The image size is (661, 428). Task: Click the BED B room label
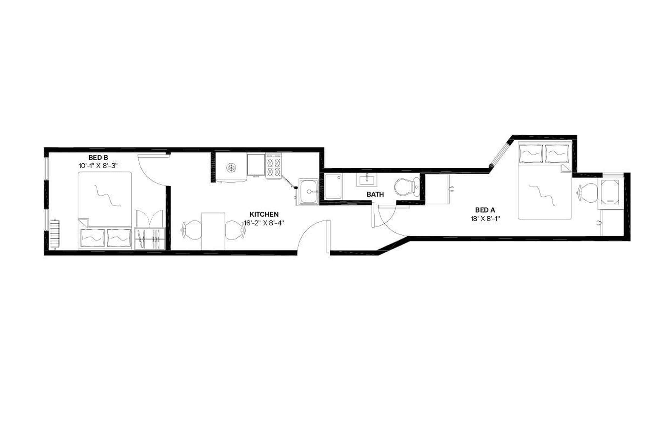point(98,158)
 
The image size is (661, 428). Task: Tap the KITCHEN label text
point(264,214)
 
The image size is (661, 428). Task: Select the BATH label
point(375,195)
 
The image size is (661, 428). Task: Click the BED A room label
point(485,210)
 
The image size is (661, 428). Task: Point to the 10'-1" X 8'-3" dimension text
point(98,166)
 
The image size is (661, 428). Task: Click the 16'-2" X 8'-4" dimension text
point(264,223)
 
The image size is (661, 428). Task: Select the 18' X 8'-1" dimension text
point(485,219)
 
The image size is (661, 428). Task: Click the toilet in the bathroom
point(407,187)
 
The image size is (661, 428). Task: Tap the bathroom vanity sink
point(366,180)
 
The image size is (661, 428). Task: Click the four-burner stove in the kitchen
point(273,166)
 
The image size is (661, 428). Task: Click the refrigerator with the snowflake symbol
point(231,167)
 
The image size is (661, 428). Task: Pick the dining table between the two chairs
point(213,231)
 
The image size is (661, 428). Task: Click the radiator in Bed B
point(55,234)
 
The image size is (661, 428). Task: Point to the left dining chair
point(192,230)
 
